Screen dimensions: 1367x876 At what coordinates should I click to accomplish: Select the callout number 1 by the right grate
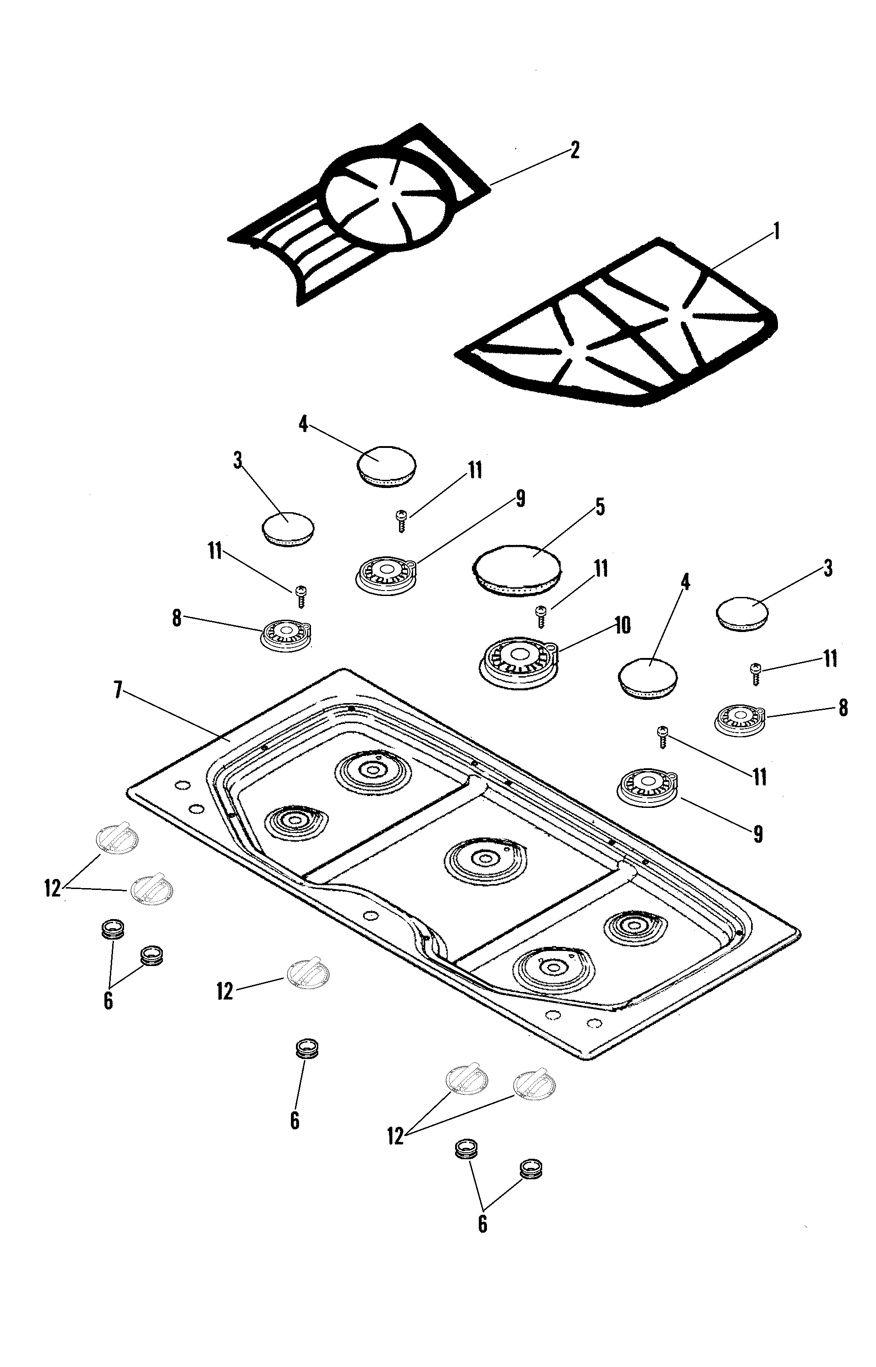click(x=775, y=232)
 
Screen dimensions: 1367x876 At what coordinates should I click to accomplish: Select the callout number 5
click(x=600, y=506)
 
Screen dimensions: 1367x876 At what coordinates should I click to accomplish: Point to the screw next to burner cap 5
click(x=541, y=616)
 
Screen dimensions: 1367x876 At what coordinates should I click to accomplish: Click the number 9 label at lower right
click(x=758, y=834)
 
